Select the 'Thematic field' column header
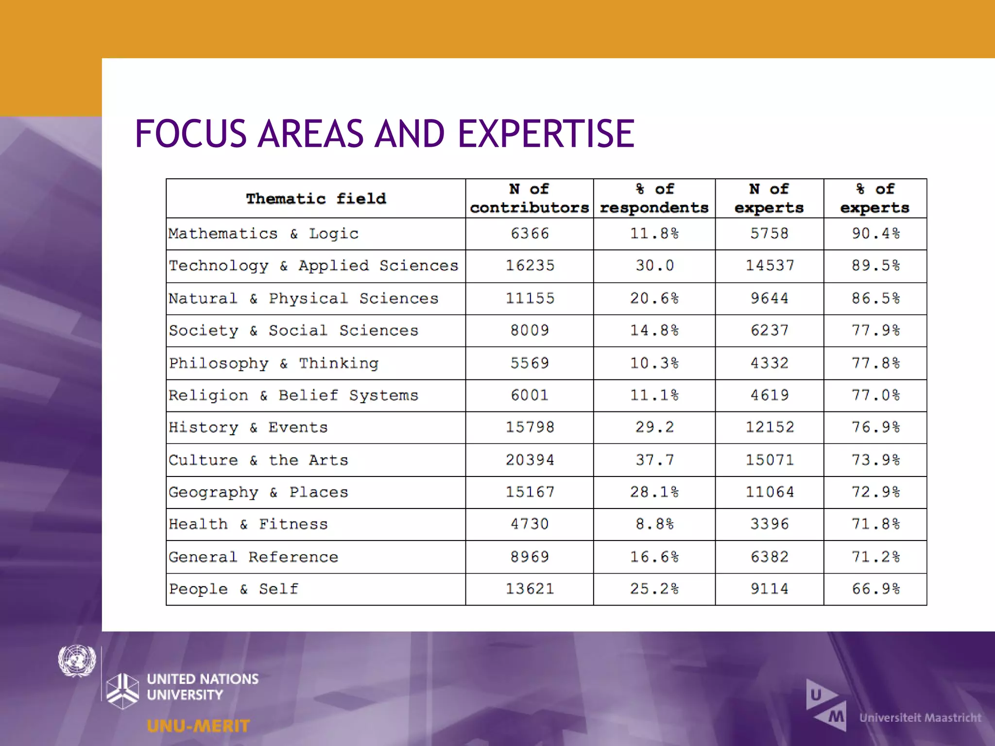click(x=316, y=199)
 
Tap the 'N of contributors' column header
click(x=529, y=198)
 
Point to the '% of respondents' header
click(x=654, y=198)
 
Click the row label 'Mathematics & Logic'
click(x=263, y=234)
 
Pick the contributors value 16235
click(x=530, y=266)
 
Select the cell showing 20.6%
click(x=654, y=298)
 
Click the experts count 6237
click(x=769, y=331)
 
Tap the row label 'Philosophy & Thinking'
click(x=274, y=363)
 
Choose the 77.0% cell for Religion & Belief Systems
click(x=875, y=395)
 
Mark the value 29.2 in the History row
click(x=654, y=427)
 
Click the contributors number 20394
click(x=530, y=460)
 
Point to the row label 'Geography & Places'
click(x=258, y=492)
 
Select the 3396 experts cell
click(x=769, y=525)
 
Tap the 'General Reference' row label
click(x=253, y=557)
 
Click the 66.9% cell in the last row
click(x=875, y=589)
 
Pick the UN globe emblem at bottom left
click(x=77, y=661)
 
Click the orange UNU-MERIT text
click(x=198, y=726)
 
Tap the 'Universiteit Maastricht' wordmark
click(x=920, y=718)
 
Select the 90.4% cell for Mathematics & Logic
click(x=875, y=234)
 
